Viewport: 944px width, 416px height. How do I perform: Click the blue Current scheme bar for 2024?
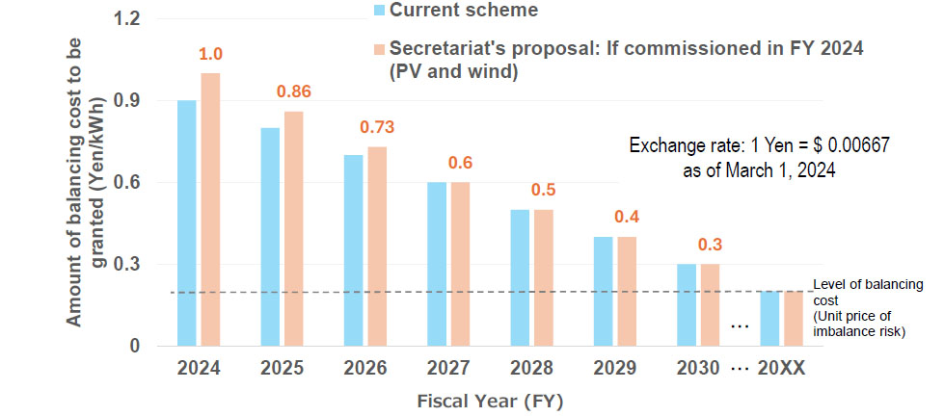coord(186,221)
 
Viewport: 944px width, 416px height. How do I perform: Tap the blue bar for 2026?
coord(353,249)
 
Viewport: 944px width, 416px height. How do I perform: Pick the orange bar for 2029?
coord(627,290)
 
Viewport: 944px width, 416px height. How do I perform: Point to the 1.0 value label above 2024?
coord(209,54)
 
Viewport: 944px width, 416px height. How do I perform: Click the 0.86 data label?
coord(294,92)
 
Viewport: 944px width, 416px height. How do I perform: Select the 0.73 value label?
coord(377,127)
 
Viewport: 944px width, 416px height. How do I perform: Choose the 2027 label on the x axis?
coord(448,369)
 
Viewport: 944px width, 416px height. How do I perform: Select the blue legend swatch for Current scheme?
coord(380,12)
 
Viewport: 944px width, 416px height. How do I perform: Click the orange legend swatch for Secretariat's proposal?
coord(380,50)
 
